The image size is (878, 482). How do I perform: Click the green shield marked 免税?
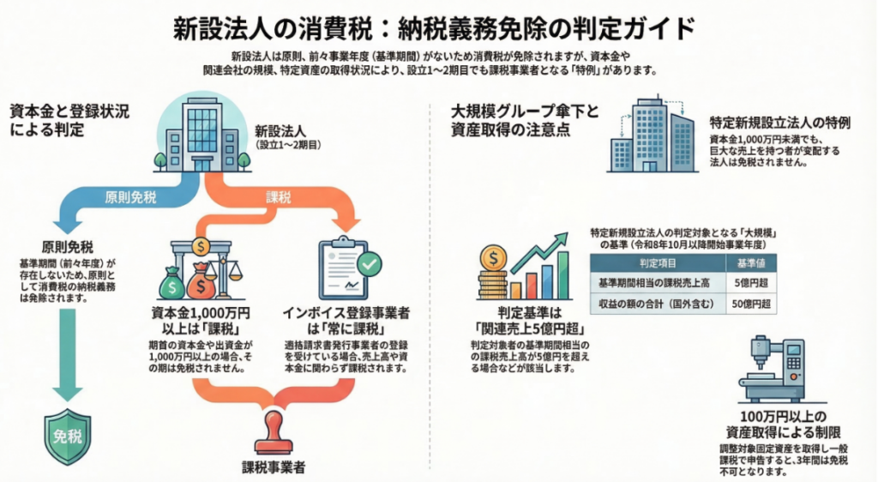[x=68, y=437]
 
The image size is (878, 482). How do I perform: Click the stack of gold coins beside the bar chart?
[x=495, y=273]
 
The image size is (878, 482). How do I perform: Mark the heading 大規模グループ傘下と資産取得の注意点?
[x=520, y=121]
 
